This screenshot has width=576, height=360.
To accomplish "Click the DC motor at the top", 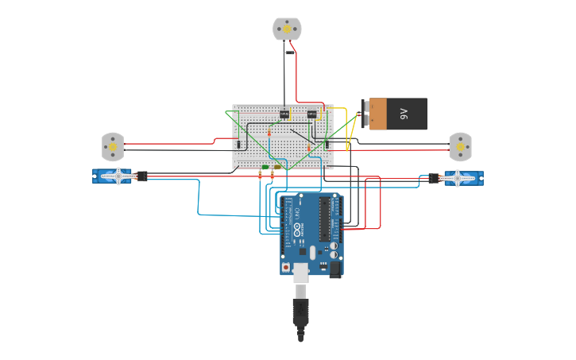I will click(x=287, y=29).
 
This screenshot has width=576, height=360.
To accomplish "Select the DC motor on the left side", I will click(x=113, y=147).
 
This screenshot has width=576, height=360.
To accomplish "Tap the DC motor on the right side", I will click(x=460, y=146).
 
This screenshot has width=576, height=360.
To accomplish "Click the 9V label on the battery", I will click(x=403, y=114).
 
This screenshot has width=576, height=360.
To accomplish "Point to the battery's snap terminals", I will click(x=365, y=114).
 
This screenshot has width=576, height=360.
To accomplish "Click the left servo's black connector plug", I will click(x=142, y=176).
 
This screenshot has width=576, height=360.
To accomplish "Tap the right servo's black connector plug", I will click(x=434, y=178).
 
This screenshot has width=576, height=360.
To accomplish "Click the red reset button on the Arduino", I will click(x=287, y=268).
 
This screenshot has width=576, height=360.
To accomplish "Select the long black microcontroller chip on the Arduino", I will click(x=324, y=219).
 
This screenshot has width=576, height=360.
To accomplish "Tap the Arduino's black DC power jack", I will click(x=334, y=270).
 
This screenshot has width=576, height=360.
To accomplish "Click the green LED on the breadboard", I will click(x=265, y=168).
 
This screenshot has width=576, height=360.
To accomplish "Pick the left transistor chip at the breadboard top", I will click(x=284, y=114).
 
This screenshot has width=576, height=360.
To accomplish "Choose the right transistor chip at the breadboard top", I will click(x=311, y=114).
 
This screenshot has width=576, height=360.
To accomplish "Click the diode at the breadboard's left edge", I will click(x=238, y=144).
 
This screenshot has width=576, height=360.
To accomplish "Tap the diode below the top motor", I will click(x=290, y=53).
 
